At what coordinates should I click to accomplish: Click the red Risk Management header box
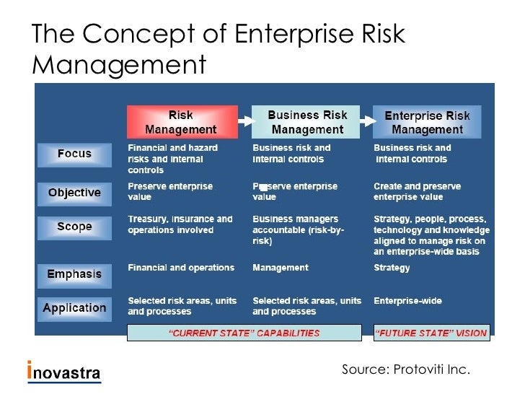182,122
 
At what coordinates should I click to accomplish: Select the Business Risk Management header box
306,122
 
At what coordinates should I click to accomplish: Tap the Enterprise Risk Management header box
427,122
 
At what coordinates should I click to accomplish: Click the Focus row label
74,154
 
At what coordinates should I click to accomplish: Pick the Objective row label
74,193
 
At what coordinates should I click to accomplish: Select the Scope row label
74,227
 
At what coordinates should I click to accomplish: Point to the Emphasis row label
74,274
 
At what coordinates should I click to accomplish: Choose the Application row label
74,308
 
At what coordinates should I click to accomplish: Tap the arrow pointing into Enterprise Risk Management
366,122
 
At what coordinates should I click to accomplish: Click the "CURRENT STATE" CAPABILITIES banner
244,333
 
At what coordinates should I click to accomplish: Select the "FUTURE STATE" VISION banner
431,333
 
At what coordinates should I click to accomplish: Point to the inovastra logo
64,372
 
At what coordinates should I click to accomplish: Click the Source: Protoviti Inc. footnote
405,370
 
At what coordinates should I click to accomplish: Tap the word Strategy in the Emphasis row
392,268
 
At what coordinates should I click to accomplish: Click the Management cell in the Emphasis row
280,268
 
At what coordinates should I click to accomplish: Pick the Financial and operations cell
181,268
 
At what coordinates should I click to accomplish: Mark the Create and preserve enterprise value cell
417,191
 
